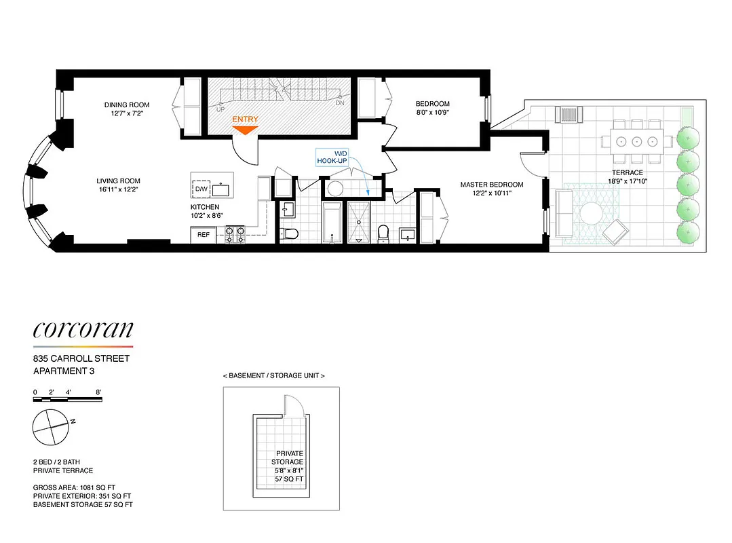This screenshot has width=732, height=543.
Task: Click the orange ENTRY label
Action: (245, 119)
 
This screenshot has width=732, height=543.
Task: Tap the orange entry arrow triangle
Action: (245, 130)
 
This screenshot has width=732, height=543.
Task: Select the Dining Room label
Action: (127, 105)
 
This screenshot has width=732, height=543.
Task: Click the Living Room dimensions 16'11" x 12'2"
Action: (118, 189)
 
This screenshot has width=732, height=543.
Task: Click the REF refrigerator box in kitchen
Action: (203, 234)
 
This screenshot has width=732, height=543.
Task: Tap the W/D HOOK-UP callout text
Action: (332, 157)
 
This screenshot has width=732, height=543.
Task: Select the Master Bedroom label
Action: (492, 185)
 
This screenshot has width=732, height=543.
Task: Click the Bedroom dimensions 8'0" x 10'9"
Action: (432, 113)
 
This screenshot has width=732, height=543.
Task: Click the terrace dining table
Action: (636, 142)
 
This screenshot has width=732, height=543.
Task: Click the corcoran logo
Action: (83, 331)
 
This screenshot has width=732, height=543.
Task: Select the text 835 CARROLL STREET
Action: (81, 358)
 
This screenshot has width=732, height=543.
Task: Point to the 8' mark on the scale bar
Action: (98, 392)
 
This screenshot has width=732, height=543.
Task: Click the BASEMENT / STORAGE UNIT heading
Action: (273, 375)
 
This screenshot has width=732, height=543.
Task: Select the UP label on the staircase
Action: (220, 109)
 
